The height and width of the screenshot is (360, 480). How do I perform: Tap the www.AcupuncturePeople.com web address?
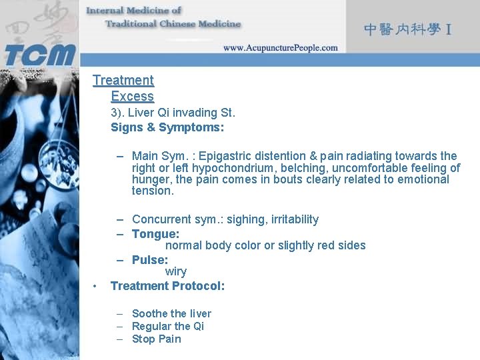click(280, 48)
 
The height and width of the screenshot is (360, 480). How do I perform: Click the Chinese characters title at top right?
click(408, 29)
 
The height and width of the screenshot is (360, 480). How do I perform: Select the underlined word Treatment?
click(123, 81)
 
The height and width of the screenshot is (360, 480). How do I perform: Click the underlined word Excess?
click(132, 97)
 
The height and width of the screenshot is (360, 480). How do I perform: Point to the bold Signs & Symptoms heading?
click(167, 127)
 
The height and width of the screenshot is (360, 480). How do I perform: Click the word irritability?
click(289, 219)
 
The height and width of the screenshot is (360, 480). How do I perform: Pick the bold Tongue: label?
click(155, 234)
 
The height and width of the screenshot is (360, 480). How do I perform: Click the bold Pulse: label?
click(150, 260)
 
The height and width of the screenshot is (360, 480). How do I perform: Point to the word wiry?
click(176, 271)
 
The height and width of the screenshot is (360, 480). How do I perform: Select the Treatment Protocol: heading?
click(167, 286)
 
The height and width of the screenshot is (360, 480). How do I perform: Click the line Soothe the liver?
click(171, 313)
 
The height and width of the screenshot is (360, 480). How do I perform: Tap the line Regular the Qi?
click(168, 326)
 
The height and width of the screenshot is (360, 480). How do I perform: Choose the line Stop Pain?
click(157, 339)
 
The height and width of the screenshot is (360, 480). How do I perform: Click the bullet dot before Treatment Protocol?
click(97, 286)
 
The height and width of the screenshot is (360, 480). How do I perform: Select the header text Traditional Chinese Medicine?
click(173, 24)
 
